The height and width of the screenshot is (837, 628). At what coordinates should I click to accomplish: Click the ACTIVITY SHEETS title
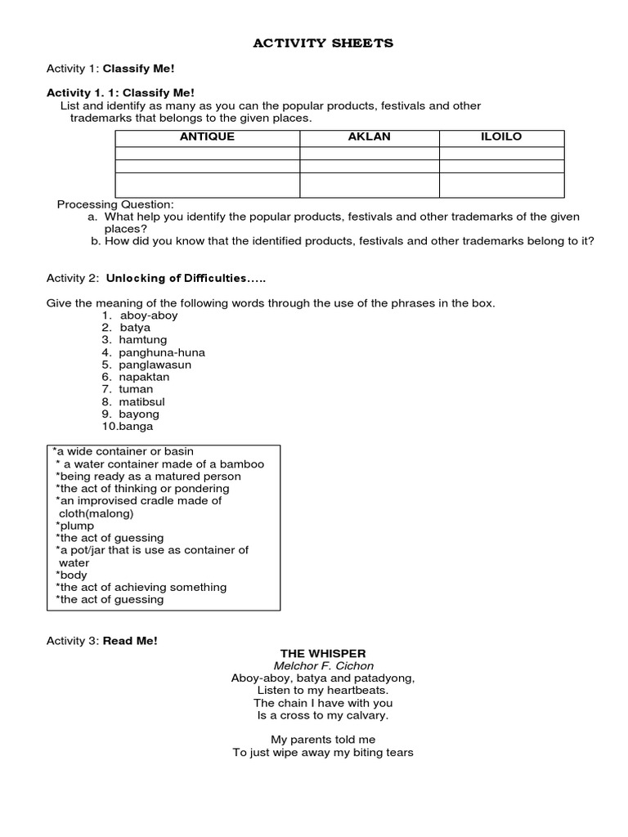point(322,43)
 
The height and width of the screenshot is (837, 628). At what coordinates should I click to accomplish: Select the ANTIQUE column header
point(207,137)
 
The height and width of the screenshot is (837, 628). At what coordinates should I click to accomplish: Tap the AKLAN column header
point(369,137)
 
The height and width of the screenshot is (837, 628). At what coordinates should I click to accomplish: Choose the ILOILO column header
point(501,137)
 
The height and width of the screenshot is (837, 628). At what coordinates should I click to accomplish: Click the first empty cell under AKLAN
point(369,152)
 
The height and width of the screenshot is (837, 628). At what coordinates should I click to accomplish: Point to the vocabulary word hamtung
point(143,340)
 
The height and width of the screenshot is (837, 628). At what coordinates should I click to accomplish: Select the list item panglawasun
point(155,365)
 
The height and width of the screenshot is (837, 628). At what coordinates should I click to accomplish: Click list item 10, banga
point(136,426)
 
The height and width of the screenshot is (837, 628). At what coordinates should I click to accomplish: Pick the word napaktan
point(146,377)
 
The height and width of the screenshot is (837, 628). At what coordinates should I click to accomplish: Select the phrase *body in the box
point(71,575)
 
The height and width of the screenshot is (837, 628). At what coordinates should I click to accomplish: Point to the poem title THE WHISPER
point(323,653)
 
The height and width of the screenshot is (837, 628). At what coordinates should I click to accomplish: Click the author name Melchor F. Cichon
point(323,665)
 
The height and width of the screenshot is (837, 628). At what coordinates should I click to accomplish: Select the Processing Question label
point(115,204)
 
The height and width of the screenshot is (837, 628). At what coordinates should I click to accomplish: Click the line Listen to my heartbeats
point(323,691)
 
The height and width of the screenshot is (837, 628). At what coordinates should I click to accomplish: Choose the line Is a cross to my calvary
point(323,715)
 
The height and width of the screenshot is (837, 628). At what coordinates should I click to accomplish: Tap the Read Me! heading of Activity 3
point(130,641)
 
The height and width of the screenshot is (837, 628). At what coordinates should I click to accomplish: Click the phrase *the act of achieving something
point(141,587)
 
